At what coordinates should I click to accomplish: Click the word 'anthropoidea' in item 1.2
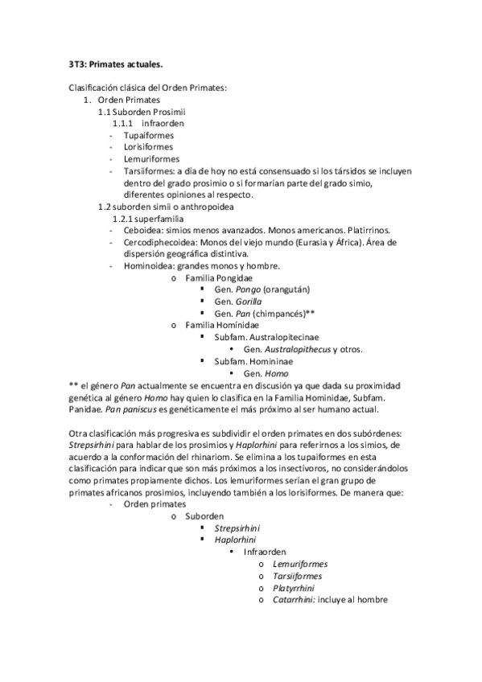(187, 207)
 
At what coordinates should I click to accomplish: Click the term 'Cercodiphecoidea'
(158, 242)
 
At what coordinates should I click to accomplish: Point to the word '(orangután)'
(282, 290)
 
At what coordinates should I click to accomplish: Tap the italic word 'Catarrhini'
(293, 599)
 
